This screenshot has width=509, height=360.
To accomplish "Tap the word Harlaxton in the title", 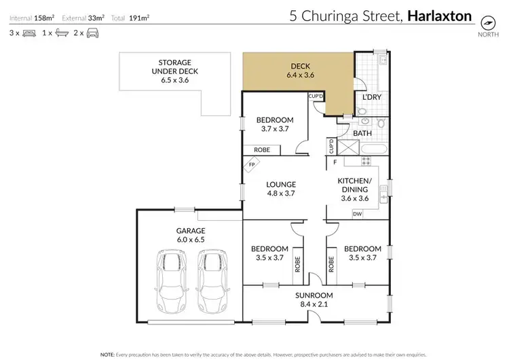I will pyautogui.click(x=439, y=16).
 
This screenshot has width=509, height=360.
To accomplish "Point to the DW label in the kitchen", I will pyautogui.click(x=356, y=214).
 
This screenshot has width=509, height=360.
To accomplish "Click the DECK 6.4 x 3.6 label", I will pyautogui.click(x=301, y=71).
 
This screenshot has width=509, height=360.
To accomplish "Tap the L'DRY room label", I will pyautogui.click(x=371, y=98).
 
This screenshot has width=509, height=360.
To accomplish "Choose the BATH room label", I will pyautogui.click(x=362, y=133).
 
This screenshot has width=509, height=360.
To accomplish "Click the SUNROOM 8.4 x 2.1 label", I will pyautogui.click(x=314, y=300).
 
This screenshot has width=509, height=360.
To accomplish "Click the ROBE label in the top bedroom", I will pyautogui.click(x=262, y=149).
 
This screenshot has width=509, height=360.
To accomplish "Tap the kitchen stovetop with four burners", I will pyautogui.click(x=365, y=161).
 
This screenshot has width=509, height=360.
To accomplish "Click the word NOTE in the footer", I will pyautogui.click(x=107, y=355).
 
